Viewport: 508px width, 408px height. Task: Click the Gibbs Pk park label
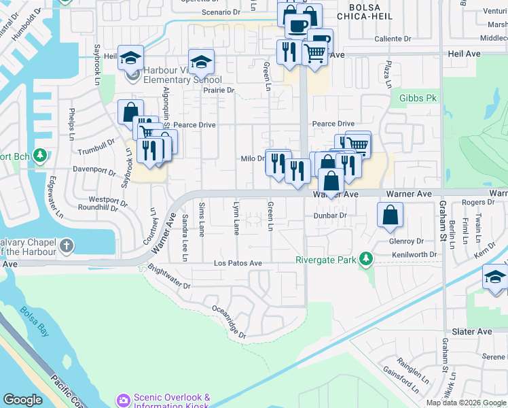[418, 99]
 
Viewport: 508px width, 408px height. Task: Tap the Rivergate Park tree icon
[366, 260]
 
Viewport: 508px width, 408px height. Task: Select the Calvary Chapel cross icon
[67, 245]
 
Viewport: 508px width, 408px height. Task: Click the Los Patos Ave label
[238, 263]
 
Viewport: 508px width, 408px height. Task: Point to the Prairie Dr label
[219, 90]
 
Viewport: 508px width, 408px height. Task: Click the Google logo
[22, 399]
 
